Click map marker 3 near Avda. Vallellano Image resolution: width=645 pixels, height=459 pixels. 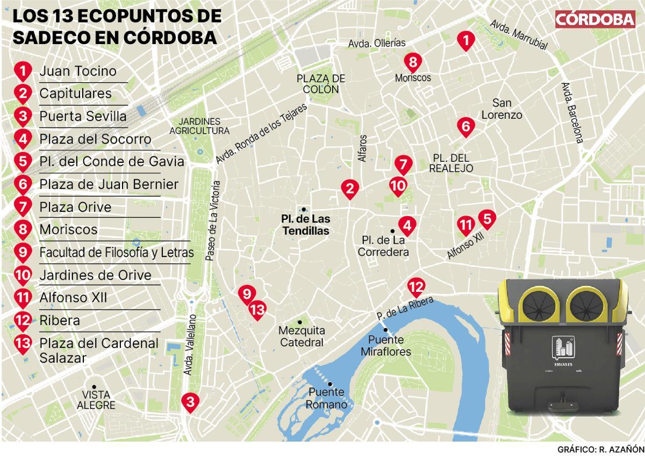(x=189, y=401)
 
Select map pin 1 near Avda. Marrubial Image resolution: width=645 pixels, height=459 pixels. (x=465, y=40)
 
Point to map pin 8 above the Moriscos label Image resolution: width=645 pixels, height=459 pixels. (x=412, y=62)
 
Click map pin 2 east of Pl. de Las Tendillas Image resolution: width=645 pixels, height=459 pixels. (x=349, y=189)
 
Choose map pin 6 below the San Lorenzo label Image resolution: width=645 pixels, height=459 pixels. (x=465, y=127)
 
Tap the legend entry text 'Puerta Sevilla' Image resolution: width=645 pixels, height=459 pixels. (x=83, y=116)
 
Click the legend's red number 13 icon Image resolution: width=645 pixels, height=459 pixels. (x=23, y=343)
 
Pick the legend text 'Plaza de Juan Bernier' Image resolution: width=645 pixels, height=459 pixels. (x=109, y=184)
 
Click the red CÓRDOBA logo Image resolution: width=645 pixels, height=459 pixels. (x=594, y=19)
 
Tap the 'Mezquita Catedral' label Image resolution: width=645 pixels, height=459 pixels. (x=302, y=336)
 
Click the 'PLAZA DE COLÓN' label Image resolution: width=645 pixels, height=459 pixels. (x=321, y=84)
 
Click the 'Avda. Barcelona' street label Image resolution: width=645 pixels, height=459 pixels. (x=573, y=113)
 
